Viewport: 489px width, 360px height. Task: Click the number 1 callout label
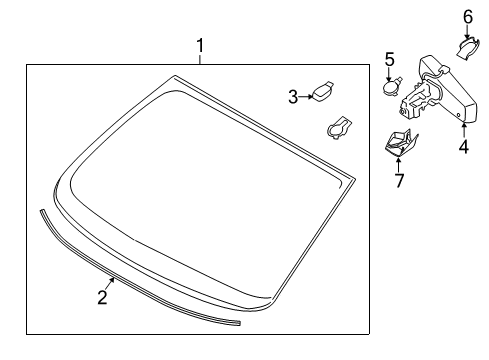click(201, 45)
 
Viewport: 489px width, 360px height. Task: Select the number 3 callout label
click(293, 96)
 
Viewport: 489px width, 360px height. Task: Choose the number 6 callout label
click(468, 16)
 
